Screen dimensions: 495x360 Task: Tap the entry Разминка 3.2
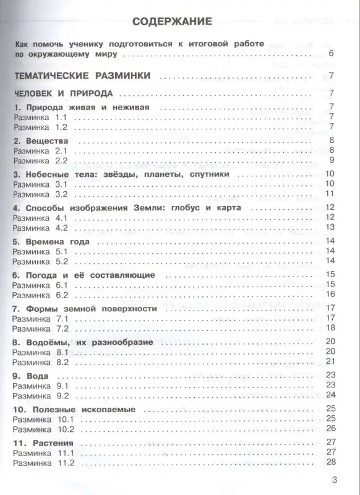(39, 194)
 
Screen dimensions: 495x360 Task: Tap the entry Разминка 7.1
(39, 318)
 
